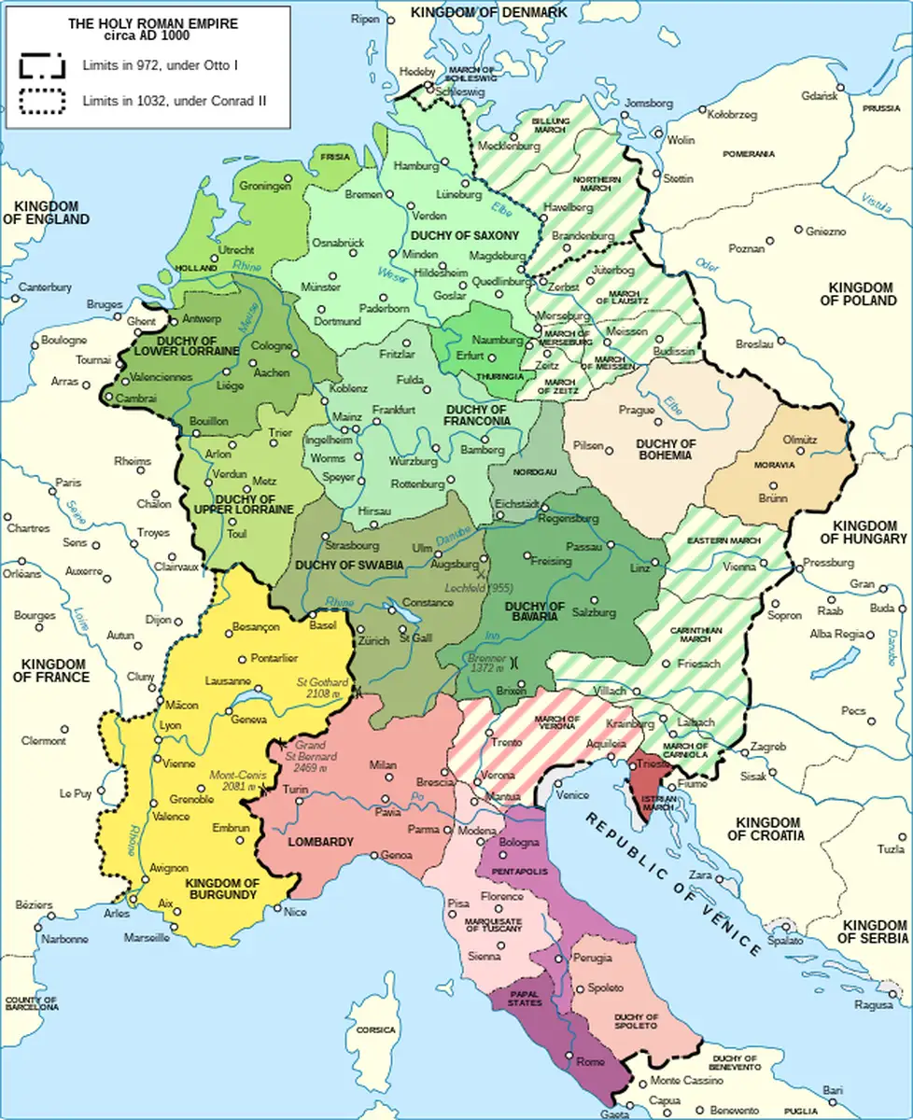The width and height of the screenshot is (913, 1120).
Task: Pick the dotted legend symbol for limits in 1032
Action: (41, 100)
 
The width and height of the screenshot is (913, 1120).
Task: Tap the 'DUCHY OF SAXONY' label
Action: (467, 236)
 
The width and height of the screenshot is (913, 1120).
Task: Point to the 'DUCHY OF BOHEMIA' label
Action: (665, 449)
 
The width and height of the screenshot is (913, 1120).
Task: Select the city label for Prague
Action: (636, 411)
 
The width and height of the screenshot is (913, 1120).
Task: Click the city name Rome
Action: (590, 1062)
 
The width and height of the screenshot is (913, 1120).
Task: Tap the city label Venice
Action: (573, 795)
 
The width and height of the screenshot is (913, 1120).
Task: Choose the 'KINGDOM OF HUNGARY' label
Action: (864, 532)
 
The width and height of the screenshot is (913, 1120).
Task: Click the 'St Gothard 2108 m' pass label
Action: (322, 689)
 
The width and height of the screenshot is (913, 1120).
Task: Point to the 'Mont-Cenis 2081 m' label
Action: (238, 780)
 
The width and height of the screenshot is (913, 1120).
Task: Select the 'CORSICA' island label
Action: (375, 1030)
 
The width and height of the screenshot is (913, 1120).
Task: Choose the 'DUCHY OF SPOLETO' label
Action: (636, 1022)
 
